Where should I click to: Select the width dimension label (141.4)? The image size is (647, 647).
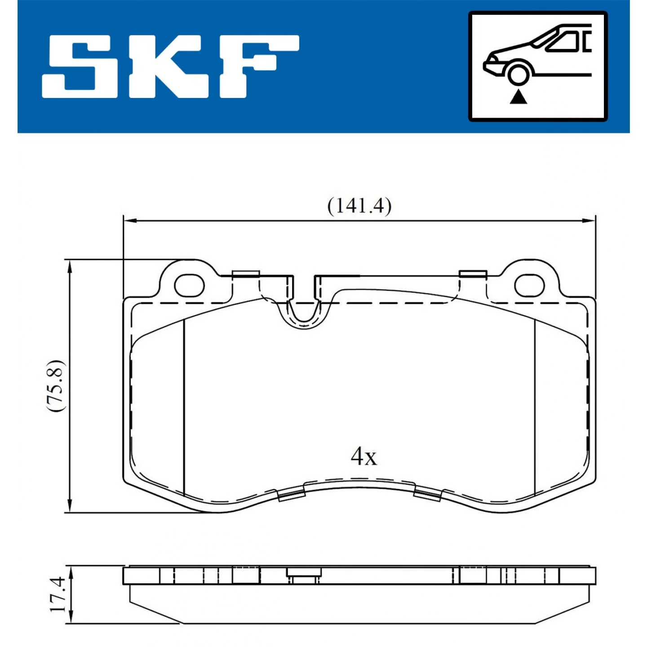pyautogui.click(x=359, y=206)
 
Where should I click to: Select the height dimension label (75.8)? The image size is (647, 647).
pyautogui.click(x=54, y=386)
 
